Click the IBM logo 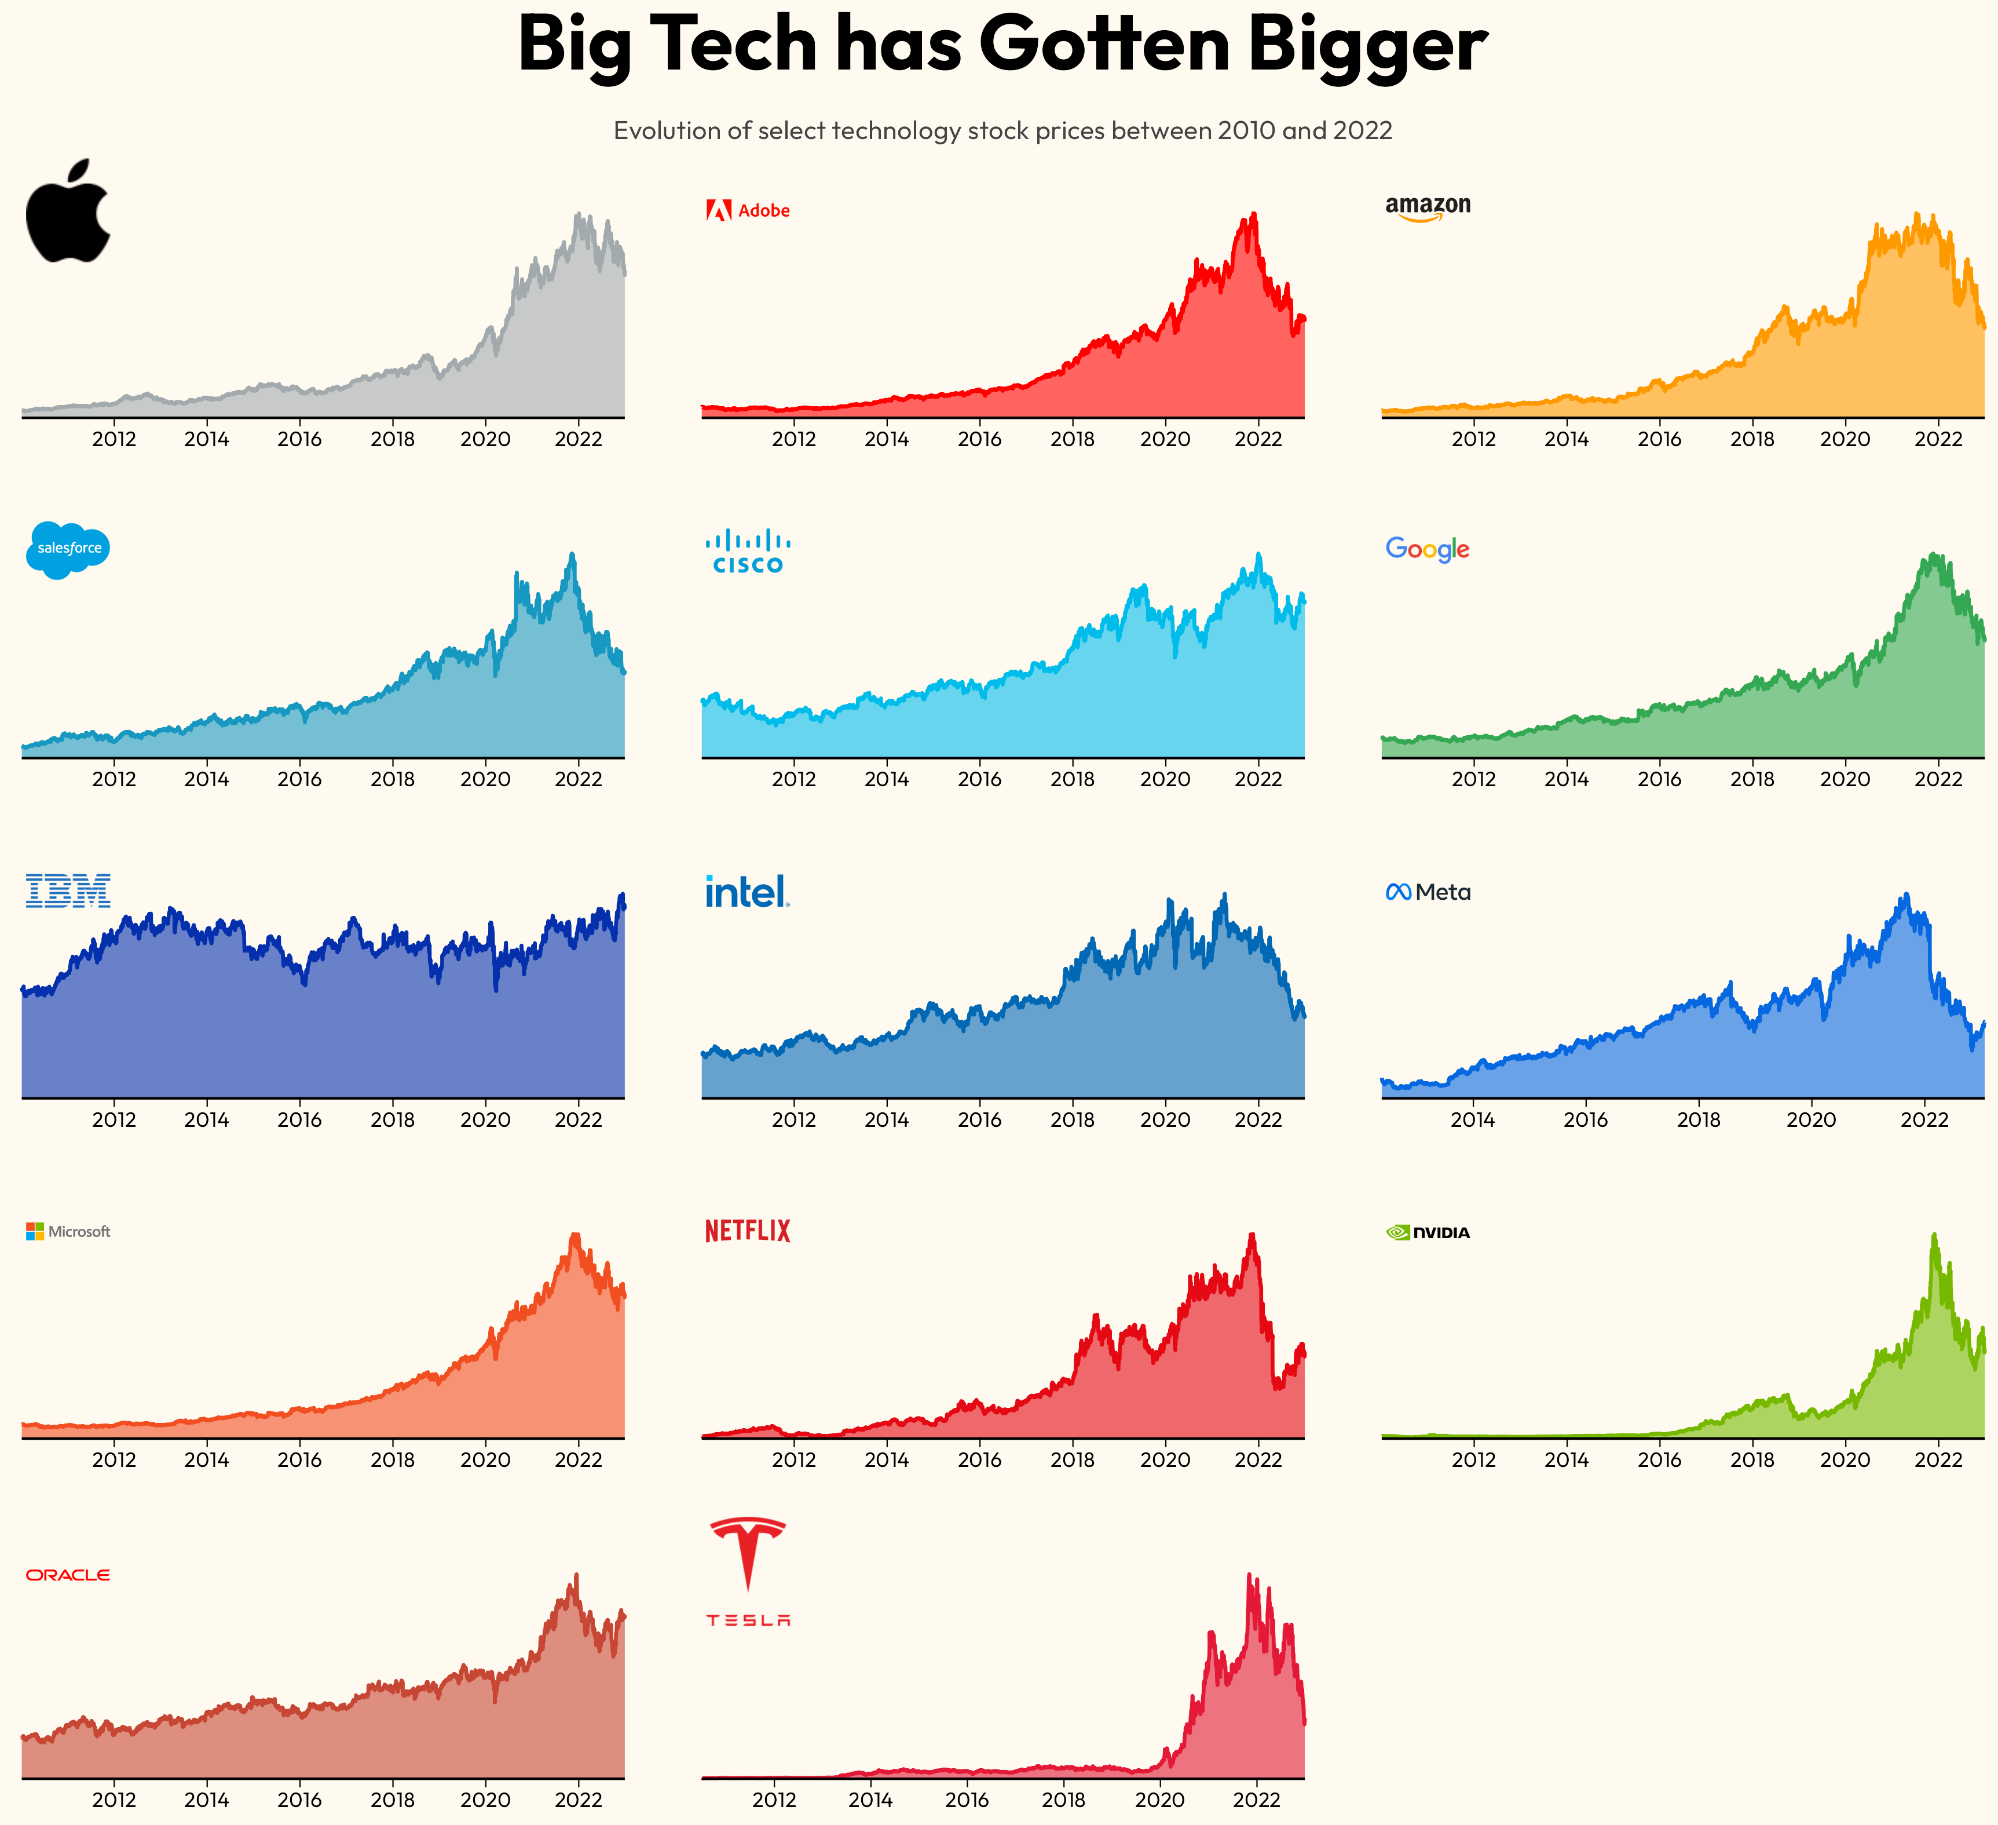(67, 890)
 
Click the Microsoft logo (67, 1231)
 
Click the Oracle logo (67, 1574)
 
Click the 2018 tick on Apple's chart (393, 439)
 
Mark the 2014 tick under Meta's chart (1473, 1119)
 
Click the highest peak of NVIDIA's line (1934, 1235)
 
